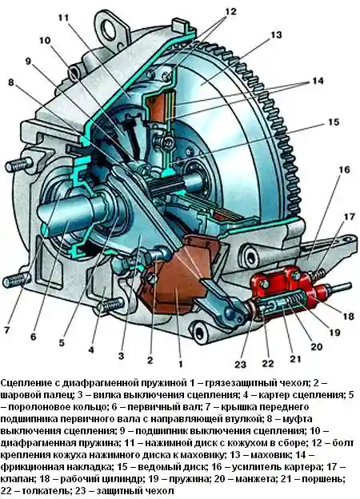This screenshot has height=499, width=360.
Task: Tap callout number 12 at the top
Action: coord(209,11)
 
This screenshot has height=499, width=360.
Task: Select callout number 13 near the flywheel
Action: coord(276,35)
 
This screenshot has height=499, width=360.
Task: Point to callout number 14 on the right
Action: coord(319,82)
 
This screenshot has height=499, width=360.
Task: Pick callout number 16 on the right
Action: coord(344,169)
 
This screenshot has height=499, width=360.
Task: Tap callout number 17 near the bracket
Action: coord(348,216)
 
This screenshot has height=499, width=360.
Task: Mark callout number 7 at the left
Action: coord(7,330)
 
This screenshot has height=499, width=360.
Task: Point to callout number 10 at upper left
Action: coord(44,40)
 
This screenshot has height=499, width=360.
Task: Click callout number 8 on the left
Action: coord(11,82)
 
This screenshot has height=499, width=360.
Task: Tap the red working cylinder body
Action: coord(275,285)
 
